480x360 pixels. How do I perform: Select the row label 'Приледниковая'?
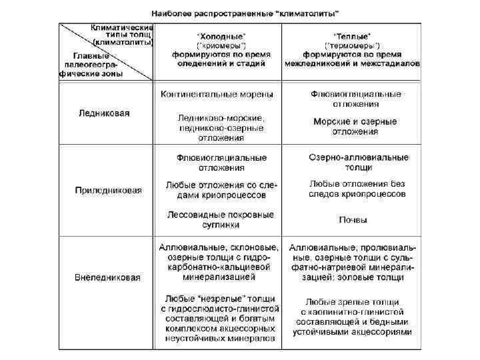tap(108, 190)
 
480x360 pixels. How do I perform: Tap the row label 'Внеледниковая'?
tap(107, 277)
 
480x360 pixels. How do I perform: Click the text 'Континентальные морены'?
tap(217, 95)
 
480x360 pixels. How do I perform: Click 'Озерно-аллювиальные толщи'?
tap(359, 163)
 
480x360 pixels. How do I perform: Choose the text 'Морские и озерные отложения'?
tap(355, 127)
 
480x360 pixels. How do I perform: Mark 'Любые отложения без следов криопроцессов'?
tap(357, 189)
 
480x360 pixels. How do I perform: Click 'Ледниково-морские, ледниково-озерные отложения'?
tap(220, 127)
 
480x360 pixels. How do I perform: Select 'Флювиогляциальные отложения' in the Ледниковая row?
tap(356, 99)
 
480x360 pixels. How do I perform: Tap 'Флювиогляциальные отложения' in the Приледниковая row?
tap(221, 163)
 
